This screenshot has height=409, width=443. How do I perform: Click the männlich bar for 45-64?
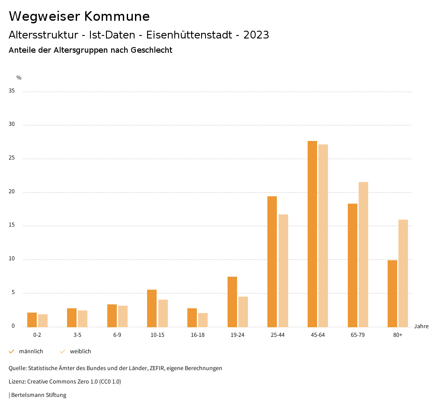312,234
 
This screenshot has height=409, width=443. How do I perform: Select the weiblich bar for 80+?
403,273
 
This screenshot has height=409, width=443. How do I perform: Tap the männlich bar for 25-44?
272,262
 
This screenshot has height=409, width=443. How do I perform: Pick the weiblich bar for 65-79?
363,254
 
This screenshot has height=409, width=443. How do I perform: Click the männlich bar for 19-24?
232,302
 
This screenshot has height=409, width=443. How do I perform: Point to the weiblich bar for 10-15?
163,313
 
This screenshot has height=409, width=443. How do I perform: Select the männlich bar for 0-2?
32,320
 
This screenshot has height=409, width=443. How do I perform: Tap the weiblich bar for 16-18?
203,320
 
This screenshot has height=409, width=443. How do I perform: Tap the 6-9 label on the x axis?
117,335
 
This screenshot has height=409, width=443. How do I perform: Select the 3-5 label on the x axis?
77,335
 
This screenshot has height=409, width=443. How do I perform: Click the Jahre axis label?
421,326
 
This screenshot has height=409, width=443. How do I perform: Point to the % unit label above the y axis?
19,78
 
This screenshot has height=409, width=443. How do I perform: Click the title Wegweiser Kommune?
79,16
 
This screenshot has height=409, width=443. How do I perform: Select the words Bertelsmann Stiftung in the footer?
39,395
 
